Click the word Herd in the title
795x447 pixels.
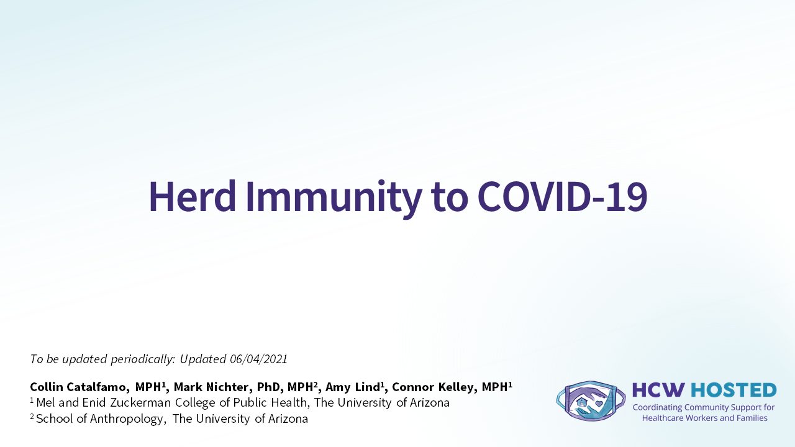point(193,197)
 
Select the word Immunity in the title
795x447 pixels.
point(334,199)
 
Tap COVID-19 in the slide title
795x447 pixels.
point(563,197)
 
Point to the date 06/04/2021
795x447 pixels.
point(258,359)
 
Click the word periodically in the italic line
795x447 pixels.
point(143,359)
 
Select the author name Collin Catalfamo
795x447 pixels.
point(78,387)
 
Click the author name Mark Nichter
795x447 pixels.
point(213,387)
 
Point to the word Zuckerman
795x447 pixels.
point(140,403)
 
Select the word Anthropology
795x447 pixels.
point(127,419)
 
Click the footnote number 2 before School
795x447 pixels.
point(32,416)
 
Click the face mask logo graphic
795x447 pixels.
point(591,401)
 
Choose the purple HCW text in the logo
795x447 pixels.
point(658,390)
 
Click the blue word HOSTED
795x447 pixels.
point(734,390)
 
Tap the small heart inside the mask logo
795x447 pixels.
point(599,404)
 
